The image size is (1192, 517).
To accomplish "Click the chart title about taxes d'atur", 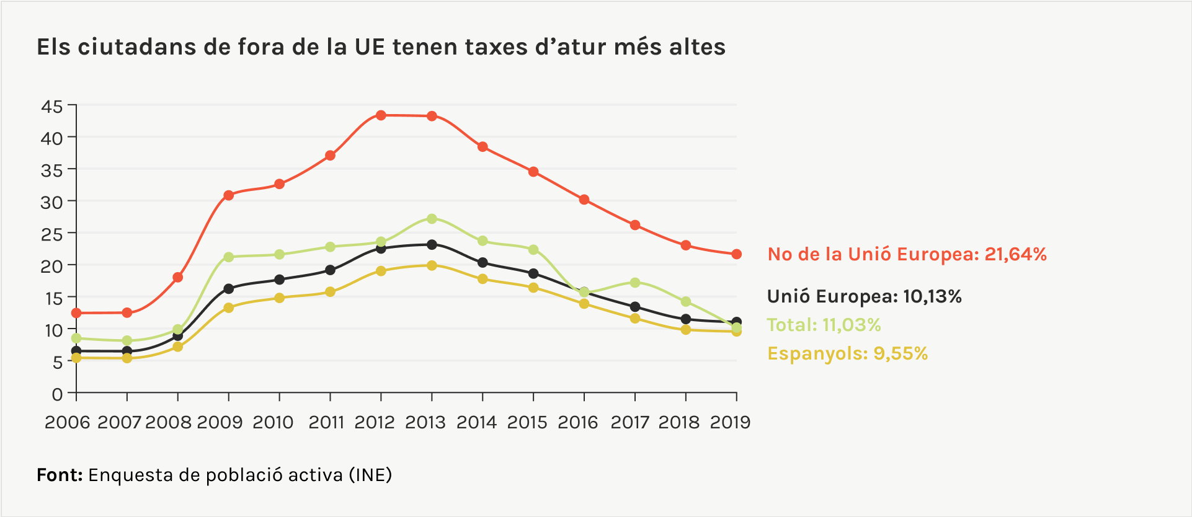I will pos(381,47).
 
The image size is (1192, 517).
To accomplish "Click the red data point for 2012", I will pos(381,115).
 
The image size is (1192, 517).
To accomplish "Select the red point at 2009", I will pos(229,195).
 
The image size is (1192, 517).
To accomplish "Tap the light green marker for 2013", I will pos(432,219).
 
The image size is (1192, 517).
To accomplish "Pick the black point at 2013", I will pos(432,245).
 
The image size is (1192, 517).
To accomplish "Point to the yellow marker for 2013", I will pos(432,265).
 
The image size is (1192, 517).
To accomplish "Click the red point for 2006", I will pos(76,313).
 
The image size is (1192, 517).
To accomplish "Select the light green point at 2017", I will pos(635,283).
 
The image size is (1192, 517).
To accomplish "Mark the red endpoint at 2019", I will pos(737,254).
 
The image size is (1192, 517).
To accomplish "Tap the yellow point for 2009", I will pos(229,307).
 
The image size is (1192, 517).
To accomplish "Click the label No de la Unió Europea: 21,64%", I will pos(907,254).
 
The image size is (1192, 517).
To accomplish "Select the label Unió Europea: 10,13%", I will pos(864,296).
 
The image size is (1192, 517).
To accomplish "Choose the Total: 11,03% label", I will pos(824,325).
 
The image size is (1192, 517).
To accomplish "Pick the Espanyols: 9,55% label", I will pos(847,353).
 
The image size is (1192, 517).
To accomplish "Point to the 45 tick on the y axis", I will pos(52,107).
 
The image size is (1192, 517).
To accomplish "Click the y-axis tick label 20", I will pos(52,266).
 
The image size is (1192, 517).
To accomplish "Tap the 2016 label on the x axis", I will pos(578,423).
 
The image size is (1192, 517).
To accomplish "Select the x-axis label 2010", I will pos(273,423).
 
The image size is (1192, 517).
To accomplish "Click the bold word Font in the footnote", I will pos(60,475).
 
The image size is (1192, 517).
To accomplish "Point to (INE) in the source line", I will pos(370,475).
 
